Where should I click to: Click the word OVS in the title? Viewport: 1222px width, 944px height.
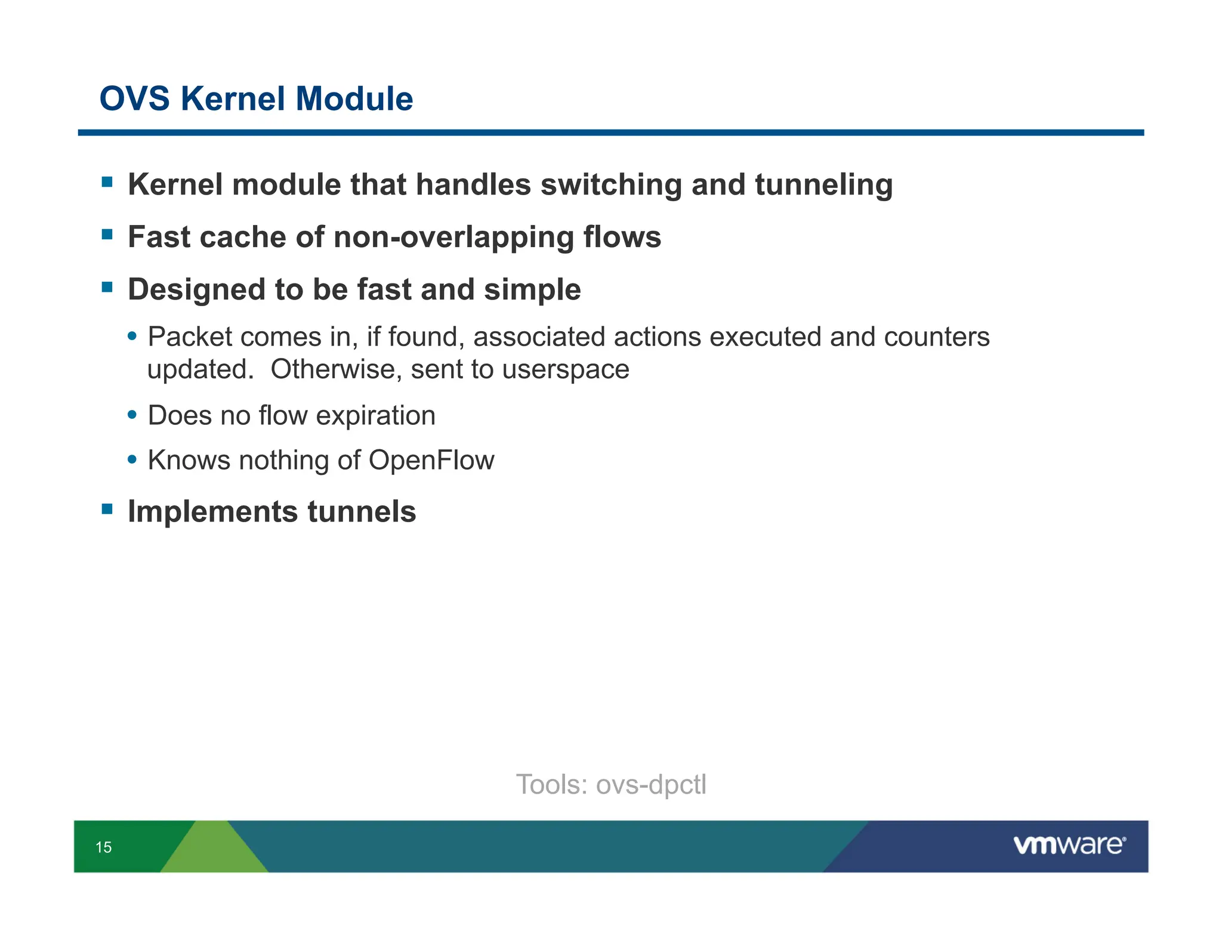click(x=134, y=98)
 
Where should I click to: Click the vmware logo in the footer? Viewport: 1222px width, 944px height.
click(x=1069, y=845)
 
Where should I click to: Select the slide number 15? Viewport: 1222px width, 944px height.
click(x=103, y=847)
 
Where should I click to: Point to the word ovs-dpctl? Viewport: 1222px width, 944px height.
click(x=651, y=785)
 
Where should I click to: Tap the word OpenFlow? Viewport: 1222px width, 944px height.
click(x=431, y=460)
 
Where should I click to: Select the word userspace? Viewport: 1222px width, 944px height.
click(x=565, y=369)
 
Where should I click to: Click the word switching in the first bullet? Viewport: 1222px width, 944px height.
click(x=611, y=184)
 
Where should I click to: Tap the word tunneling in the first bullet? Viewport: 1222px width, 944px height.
click(x=823, y=184)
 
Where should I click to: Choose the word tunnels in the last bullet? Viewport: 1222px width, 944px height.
click(x=362, y=511)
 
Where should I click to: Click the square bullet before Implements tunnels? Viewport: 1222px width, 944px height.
click(x=107, y=509)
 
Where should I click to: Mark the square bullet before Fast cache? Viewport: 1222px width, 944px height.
click(x=107, y=234)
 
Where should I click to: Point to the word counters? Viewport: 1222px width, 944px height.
click(x=936, y=337)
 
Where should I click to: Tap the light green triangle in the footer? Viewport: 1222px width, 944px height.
click(x=213, y=850)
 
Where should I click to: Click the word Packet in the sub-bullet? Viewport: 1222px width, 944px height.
click(x=190, y=337)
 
